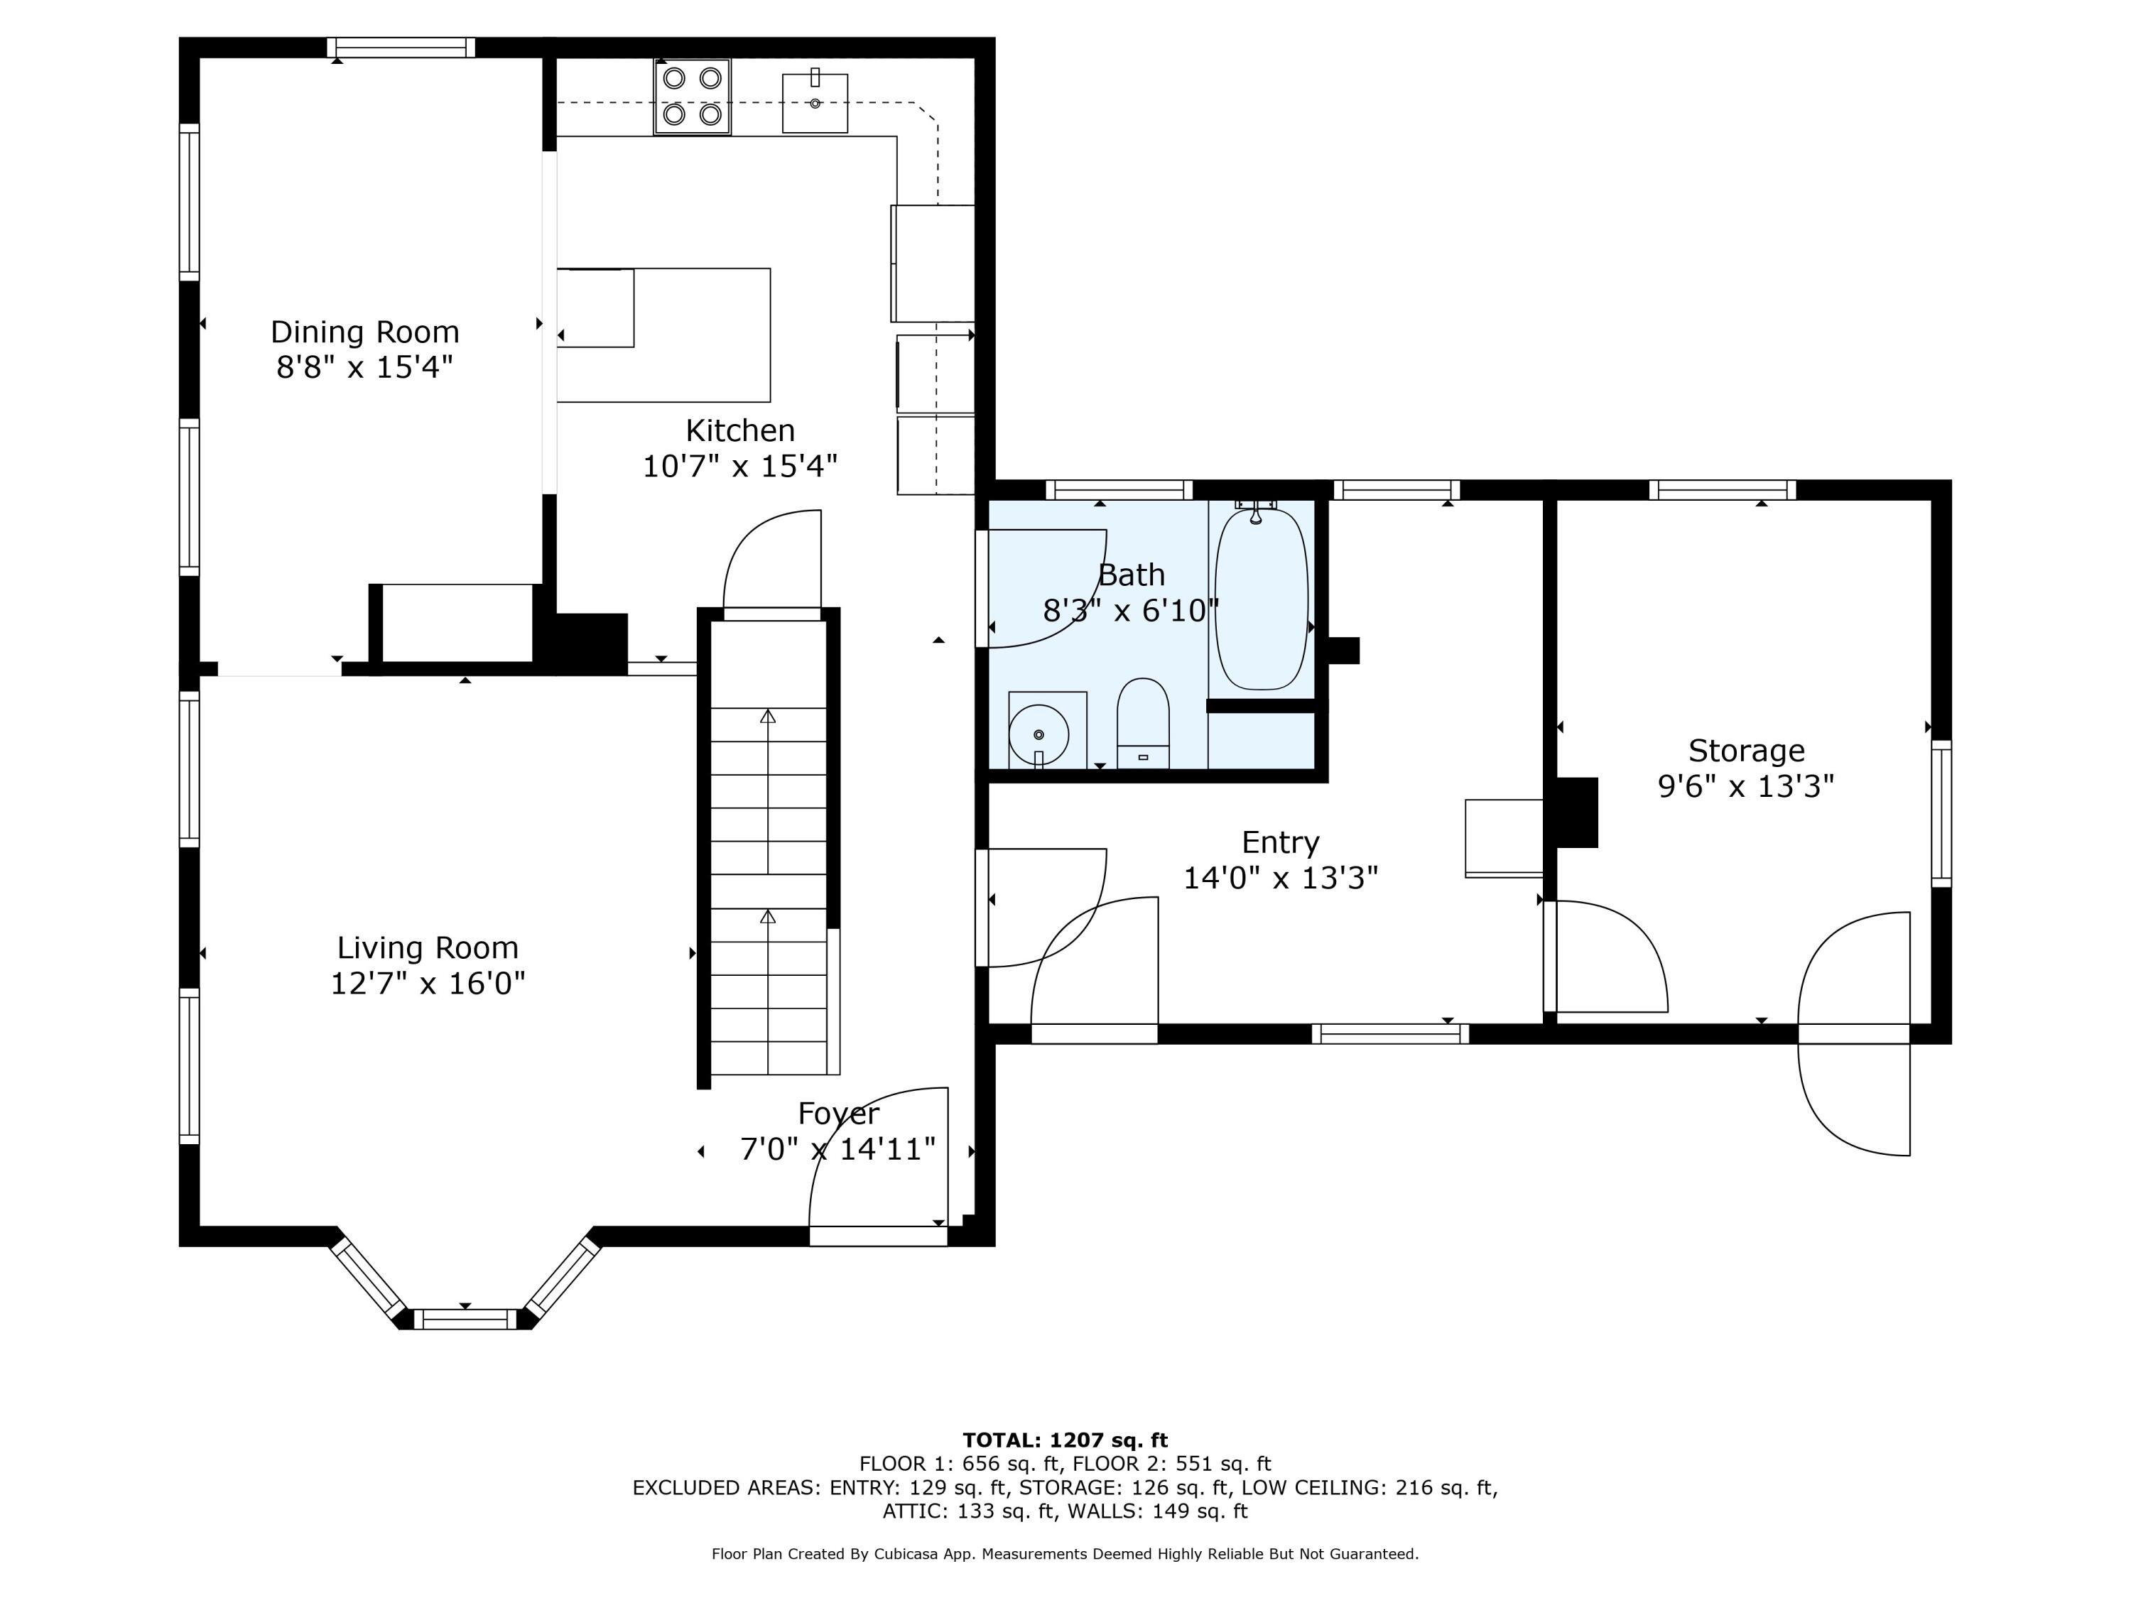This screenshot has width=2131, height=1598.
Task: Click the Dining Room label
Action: point(364,332)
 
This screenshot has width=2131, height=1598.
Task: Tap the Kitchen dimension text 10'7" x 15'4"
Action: point(740,466)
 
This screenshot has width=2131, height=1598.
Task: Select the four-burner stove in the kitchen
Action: point(692,97)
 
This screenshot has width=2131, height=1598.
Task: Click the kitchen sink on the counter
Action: point(815,102)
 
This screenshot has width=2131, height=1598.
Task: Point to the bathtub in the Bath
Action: point(1261,598)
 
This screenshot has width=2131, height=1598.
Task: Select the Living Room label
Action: point(428,948)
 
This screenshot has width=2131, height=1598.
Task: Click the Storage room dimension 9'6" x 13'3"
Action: point(1746,787)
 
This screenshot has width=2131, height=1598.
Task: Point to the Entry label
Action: point(1280,843)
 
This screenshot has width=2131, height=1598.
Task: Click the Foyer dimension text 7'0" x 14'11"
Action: point(838,1149)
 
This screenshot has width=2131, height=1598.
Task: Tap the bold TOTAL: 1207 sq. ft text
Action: point(1065,1440)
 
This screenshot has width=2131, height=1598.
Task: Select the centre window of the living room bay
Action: point(465,1320)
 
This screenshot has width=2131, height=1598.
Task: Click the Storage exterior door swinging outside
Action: point(1853,1089)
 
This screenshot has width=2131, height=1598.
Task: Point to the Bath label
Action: point(1132,575)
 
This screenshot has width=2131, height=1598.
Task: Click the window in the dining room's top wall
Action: point(401,47)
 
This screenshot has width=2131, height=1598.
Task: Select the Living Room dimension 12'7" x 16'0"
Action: point(428,984)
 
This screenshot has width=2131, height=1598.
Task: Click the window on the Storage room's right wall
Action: point(1941,814)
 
